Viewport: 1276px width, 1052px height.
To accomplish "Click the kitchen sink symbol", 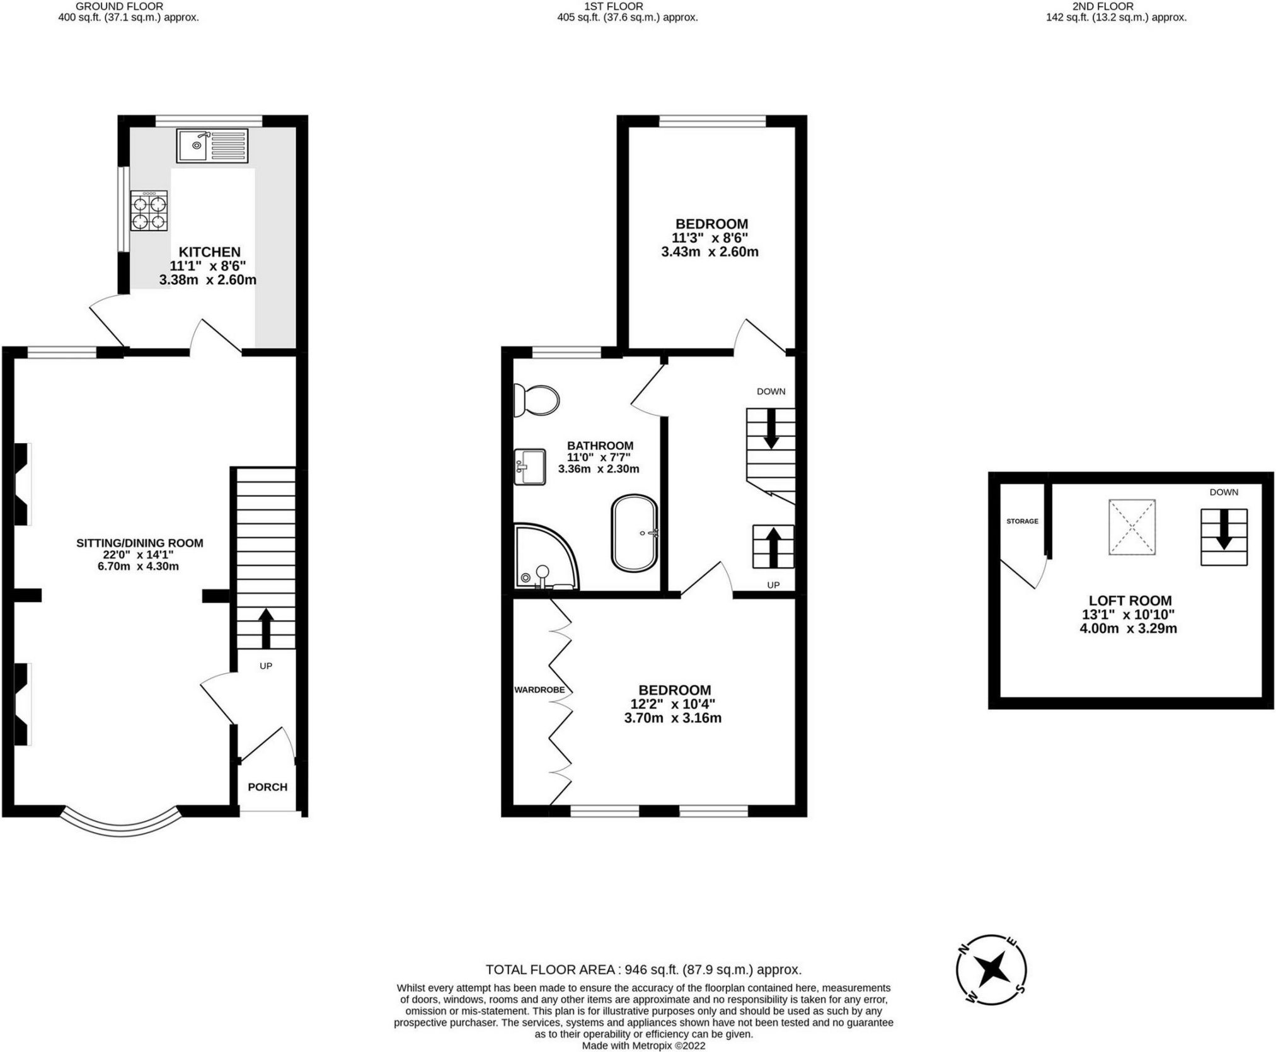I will (x=212, y=146).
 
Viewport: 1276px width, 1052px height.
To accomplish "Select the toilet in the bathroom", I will (x=536, y=400).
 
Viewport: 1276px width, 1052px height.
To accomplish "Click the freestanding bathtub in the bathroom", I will (x=634, y=533).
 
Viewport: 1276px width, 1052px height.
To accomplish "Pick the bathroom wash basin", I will (x=529, y=466).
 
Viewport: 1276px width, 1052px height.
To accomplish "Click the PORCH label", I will (x=267, y=787).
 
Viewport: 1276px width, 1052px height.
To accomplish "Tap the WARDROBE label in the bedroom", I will (x=539, y=690).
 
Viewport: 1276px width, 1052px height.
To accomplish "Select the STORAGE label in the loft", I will (x=1022, y=521).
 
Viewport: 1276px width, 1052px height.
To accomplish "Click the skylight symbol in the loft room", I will (x=1132, y=527).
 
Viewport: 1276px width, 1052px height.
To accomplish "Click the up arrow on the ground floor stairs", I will (x=266, y=628).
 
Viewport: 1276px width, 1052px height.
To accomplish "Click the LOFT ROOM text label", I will (x=1130, y=601).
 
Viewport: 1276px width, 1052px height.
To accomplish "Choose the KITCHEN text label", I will (x=209, y=252).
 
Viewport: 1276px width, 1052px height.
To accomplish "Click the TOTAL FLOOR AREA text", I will (x=643, y=969).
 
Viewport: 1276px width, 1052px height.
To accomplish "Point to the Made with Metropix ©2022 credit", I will (x=643, y=1046).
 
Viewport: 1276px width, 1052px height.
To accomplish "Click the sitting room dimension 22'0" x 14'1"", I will (x=139, y=555).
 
